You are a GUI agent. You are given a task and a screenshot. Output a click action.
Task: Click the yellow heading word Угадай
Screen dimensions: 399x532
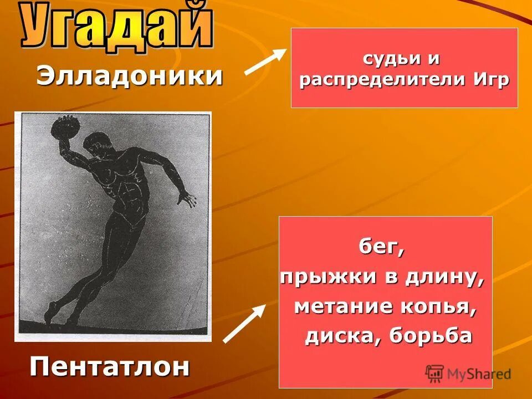(116, 25)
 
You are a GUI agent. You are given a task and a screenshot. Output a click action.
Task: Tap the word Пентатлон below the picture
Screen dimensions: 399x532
(109, 366)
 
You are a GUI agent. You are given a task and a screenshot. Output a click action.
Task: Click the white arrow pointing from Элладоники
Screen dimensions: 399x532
(265, 62)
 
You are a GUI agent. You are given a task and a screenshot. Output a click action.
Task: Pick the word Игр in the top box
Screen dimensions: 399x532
(491, 80)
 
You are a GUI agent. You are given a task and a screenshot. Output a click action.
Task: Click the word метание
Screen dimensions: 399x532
(338, 306)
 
